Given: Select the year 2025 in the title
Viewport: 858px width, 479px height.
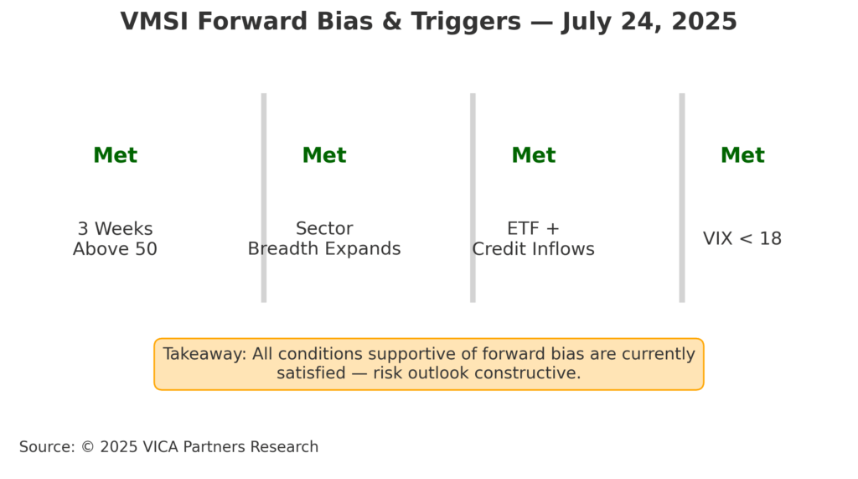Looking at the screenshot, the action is coord(704,22).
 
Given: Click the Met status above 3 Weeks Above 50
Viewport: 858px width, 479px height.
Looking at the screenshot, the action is coord(115,155).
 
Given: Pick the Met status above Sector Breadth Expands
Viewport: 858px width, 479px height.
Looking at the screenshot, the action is coord(324,155).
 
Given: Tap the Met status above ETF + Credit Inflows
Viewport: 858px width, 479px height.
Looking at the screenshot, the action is coord(534,155).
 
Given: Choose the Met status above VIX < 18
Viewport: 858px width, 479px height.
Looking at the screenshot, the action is coord(742,155).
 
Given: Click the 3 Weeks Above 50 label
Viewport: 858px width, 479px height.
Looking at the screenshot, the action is coord(115,238).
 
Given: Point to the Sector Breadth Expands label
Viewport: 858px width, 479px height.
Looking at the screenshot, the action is coord(324,238).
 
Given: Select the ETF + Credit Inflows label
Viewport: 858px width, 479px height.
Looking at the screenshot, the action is coord(534,238).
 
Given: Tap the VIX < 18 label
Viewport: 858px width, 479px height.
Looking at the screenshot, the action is coord(742,238).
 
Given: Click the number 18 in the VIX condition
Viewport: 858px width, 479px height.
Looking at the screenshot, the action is coord(771,238).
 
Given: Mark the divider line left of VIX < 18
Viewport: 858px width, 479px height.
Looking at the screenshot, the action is coord(682,198).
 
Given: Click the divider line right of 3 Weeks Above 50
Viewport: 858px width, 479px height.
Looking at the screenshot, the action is coord(264,198).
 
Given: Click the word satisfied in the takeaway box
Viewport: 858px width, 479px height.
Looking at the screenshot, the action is coord(311,373).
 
